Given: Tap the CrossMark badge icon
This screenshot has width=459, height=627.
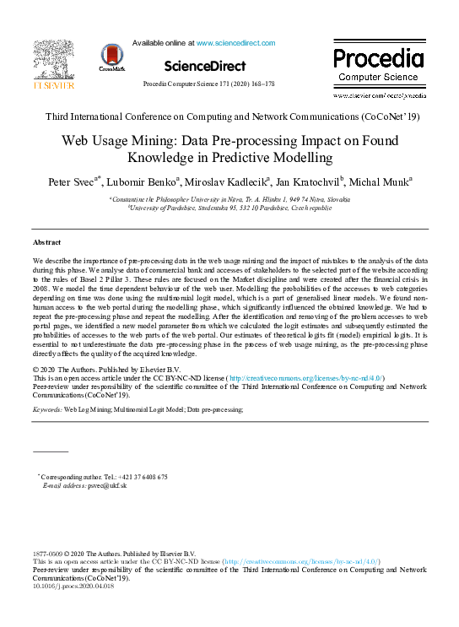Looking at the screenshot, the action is pyautogui.click(x=111, y=57).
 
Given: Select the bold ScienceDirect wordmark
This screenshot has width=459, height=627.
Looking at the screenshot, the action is pyautogui.click(x=205, y=66).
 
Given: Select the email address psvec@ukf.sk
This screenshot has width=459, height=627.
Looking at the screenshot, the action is pyautogui.click(x=111, y=486).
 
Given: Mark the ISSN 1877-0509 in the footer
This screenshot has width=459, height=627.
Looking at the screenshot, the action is pyautogui.click(x=50, y=553).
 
